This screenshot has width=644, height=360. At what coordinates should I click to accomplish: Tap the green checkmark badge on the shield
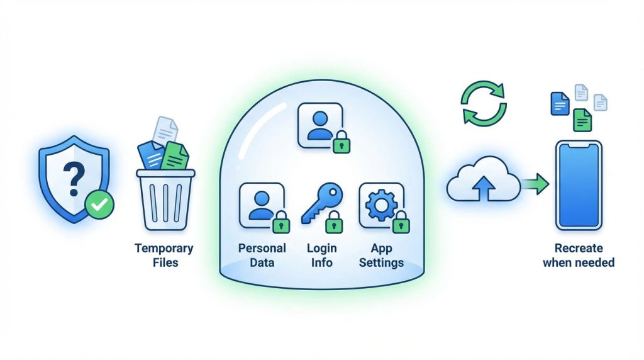click(x=99, y=205)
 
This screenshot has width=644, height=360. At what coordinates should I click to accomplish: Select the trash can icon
click(x=165, y=200)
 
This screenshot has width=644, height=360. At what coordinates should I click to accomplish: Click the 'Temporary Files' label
click(x=164, y=255)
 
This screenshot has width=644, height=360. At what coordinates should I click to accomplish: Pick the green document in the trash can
click(x=175, y=156)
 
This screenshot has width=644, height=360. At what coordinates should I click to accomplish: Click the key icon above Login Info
click(x=321, y=203)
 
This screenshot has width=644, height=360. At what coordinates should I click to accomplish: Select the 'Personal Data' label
click(x=262, y=255)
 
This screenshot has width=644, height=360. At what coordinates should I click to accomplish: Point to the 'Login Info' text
click(x=321, y=255)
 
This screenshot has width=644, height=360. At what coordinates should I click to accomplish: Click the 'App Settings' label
click(x=381, y=255)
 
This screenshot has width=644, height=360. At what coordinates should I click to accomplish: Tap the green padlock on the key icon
click(x=334, y=222)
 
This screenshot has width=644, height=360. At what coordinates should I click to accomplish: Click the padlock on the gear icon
click(x=401, y=222)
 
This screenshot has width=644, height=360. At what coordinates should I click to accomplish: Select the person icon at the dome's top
click(x=320, y=125)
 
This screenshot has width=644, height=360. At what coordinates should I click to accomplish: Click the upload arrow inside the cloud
click(x=484, y=188)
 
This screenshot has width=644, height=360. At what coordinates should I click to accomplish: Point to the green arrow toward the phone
click(x=535, y=183)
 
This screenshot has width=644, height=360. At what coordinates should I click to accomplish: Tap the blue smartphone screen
click(x=579, y=185)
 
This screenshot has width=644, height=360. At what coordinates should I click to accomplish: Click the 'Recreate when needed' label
click(x=579, y=255)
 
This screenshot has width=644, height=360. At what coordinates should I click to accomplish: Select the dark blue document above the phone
click(x=559, y=103)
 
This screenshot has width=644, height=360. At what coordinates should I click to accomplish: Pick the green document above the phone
click(x=582, y=120)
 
